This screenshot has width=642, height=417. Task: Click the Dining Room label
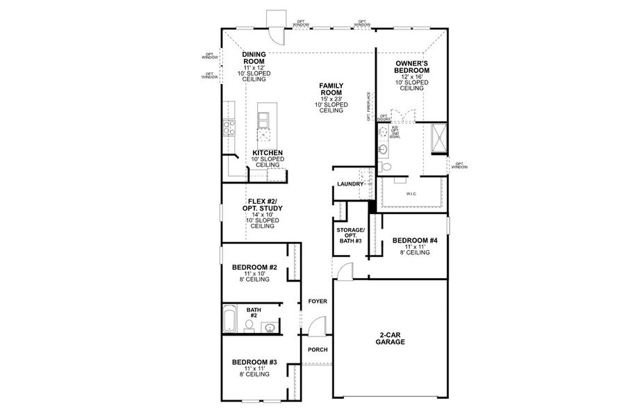(x=254, y=58)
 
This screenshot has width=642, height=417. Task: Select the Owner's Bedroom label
(x=410, y=67)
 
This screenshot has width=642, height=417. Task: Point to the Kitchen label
(x=267, y=153)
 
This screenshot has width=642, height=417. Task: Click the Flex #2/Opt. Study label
(x=262, y=205)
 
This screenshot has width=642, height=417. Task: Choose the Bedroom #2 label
(x=254, y=268)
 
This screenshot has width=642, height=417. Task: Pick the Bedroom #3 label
(x=254, y=363)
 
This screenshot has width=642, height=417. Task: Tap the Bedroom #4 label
(x=414, y=241)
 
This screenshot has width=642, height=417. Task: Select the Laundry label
(x=349, y=184)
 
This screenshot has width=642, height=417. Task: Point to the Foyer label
(x=317, y=301)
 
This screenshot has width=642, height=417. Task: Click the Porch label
(x=317, y=350)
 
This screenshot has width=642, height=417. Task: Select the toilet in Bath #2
(x=249, y=325)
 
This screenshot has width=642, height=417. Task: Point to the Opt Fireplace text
(x=370, y=106)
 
